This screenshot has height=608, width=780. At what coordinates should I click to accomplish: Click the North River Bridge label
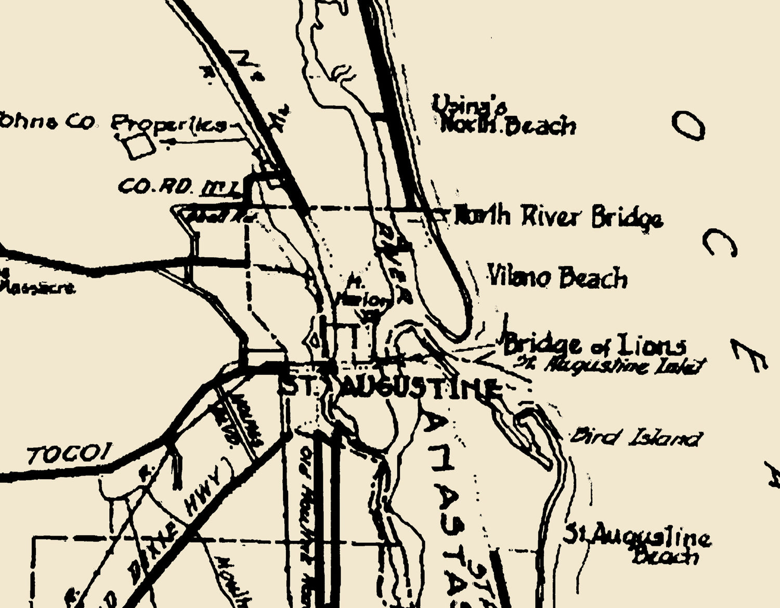[558, 217]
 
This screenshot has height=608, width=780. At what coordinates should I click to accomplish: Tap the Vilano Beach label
[557, 277]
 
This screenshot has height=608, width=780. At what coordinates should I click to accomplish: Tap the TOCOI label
[70, 456]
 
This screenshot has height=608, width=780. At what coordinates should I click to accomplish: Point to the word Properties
[170, 125]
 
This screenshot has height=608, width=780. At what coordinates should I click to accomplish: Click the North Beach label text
[508, 126]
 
